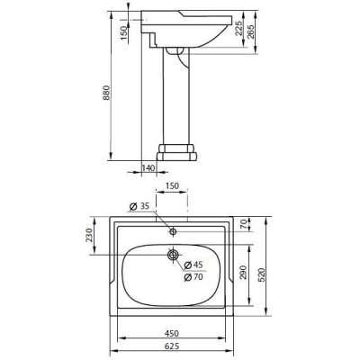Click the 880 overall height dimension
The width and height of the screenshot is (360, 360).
coord(106,93)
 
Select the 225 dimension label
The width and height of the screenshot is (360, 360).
coord(239,29)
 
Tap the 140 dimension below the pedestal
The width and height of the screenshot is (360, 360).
coord(148,167)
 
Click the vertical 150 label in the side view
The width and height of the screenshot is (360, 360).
coord(123,30)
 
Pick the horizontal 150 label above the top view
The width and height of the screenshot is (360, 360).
coord(172,186)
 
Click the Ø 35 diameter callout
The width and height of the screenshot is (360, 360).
coord(139,206)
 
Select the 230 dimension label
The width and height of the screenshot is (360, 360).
coord(89,236)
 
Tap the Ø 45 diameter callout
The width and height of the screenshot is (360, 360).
coord(193,265)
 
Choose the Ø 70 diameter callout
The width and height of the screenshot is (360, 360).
coord(193,277)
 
